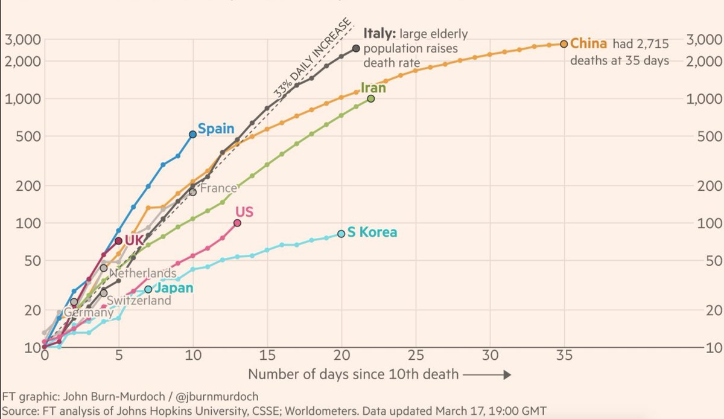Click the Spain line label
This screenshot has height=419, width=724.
pos(216,129)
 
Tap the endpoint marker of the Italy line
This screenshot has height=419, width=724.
pos(356,48)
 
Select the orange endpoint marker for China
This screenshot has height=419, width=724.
pos(564,43)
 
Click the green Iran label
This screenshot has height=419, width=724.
pos(373,88)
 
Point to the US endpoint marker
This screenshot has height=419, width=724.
pos(237,223)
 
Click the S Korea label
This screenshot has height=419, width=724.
pos(372,232)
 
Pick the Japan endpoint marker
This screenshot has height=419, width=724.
pos(148,290)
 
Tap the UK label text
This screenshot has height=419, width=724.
pos(134,240)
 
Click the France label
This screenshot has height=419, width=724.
pos(218,188)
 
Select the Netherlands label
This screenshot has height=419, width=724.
pos(142,273)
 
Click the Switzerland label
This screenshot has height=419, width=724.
pos(139,300)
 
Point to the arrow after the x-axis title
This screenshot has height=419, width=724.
pos(487,375)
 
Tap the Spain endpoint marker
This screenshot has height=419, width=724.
pos(193,134)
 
